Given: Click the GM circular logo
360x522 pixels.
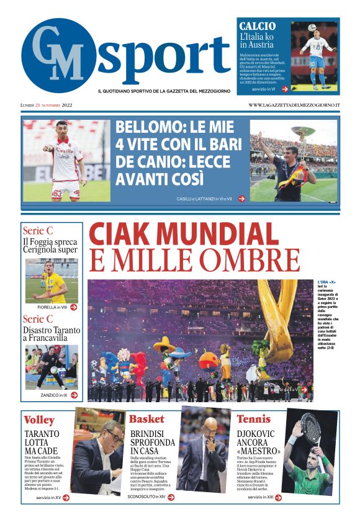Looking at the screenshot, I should (58, 56).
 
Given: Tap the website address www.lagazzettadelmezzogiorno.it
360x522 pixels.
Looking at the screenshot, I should (294, 105).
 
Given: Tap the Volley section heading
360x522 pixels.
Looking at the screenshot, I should (39, 420).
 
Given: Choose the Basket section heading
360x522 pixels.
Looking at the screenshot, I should (146, 419).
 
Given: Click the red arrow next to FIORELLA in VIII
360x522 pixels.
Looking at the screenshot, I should (74, 307).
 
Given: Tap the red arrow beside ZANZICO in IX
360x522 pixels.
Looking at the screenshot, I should (74, 395).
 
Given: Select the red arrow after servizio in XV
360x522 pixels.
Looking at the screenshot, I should (66, 497).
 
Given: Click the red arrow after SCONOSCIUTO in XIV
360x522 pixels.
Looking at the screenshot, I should (171, 497).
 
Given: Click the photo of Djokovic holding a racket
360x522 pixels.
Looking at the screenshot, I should (310, 451).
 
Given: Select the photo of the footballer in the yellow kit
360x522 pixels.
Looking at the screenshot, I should (52, 281).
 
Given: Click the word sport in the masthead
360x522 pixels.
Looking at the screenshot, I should (164, 57).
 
